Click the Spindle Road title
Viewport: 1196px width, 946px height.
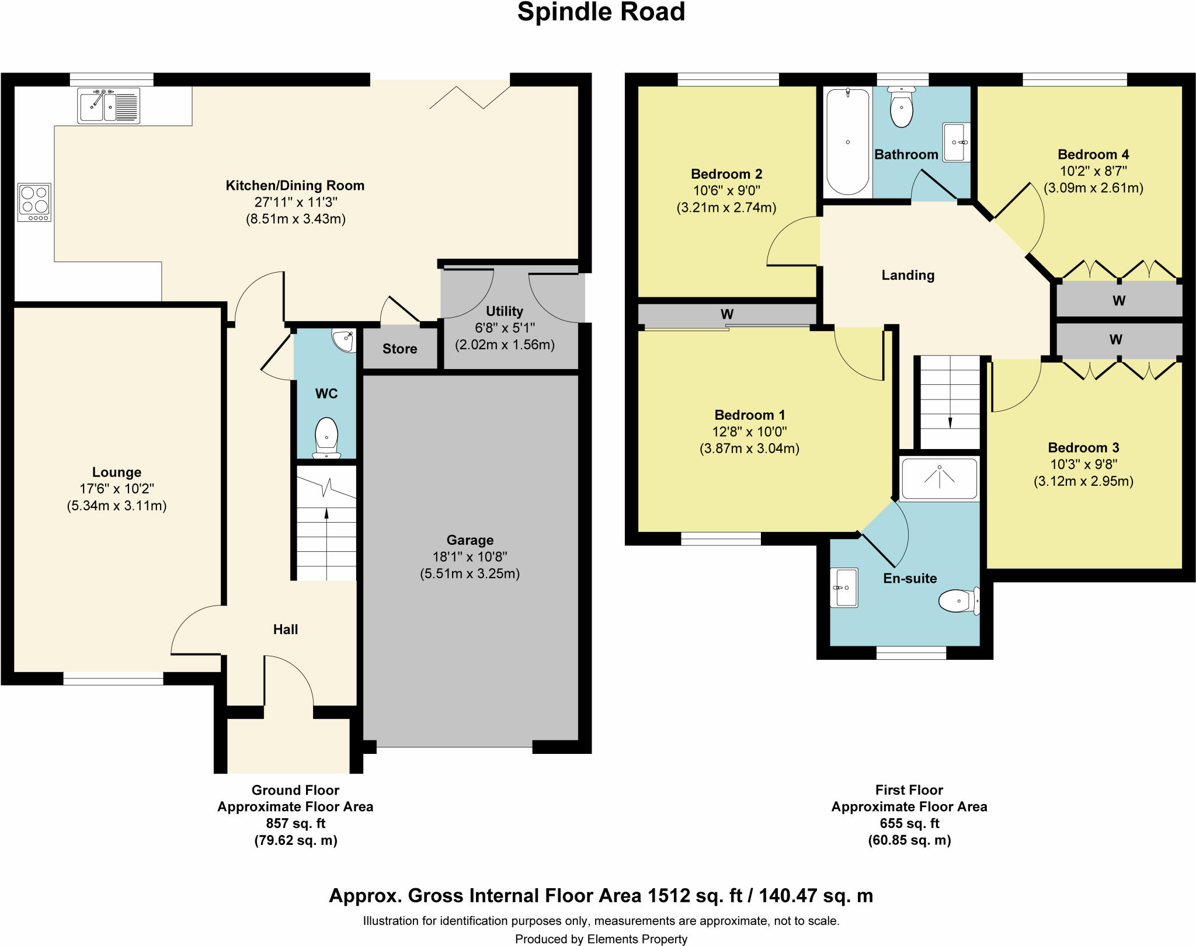601,12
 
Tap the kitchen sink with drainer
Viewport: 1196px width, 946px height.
109,106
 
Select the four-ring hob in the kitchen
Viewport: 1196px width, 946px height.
34,202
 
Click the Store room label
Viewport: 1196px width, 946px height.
399,349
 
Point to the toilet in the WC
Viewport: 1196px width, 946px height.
326,437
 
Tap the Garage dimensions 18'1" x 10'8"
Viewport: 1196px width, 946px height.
470,557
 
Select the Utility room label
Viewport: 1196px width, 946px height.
504,311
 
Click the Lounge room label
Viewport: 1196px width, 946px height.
117,472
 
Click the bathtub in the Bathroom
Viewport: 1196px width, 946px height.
847,141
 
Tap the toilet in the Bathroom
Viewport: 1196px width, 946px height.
902,108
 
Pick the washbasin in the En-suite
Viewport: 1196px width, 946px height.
844,587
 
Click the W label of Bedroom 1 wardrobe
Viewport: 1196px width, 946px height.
726,314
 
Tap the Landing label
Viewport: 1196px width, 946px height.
908,276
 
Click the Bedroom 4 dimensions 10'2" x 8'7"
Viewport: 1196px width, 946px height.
1093,171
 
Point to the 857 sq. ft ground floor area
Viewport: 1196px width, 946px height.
295,823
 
